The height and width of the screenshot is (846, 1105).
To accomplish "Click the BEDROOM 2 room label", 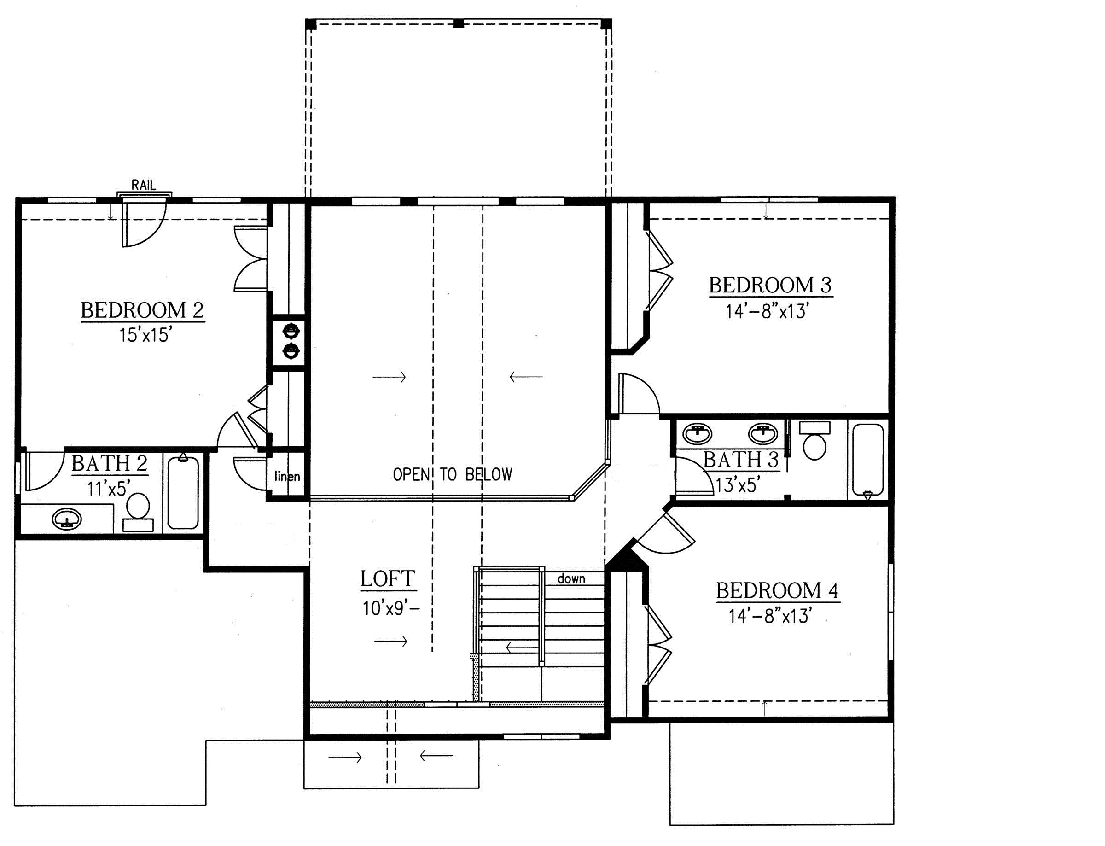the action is click(142, 310).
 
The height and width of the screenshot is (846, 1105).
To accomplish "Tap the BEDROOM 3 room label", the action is click(770, 285).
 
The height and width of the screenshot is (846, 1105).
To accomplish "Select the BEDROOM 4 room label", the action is click(778, 590).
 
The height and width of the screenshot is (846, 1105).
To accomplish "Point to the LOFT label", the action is click(388, 579).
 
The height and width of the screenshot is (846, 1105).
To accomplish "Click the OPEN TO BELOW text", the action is click(453, 474).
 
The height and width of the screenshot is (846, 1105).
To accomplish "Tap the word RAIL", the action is click(144, 185).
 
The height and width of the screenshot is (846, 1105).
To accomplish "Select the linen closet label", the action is click(287, 476).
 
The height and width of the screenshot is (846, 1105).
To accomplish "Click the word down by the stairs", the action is click(571, 578).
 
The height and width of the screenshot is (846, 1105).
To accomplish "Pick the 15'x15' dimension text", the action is click(143, 335).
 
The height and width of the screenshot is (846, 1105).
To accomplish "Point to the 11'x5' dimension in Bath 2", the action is click(109, 488).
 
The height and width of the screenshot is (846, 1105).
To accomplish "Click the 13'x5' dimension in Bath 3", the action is click(738, 485).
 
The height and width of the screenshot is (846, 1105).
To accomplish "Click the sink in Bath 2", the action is click(67, 519).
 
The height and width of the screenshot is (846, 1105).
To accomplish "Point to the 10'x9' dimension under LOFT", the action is click(390, 609).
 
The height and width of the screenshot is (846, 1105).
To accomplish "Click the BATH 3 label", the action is click(741, 460).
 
